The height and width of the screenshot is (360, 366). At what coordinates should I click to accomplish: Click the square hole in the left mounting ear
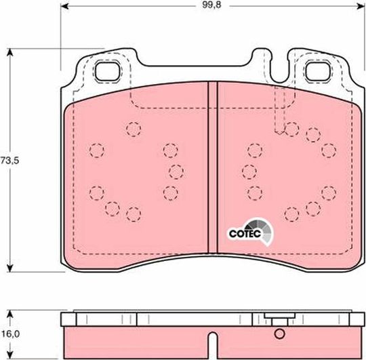[x=106, y=70]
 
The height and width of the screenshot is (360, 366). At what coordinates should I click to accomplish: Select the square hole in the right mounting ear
[x=317, y=70]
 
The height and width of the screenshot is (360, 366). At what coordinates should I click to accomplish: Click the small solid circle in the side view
[x=279, y=334]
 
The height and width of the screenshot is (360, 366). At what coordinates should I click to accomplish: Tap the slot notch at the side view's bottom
[x=211, y=338]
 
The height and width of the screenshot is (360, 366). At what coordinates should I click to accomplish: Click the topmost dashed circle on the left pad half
[x=134, y=128]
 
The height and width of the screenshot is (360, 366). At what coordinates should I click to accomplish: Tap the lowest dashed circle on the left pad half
[x=134, y=215]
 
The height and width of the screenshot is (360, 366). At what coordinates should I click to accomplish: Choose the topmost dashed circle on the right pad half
[x=291, y=128]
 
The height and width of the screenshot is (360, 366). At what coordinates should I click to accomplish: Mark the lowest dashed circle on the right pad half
[x=291, y=215]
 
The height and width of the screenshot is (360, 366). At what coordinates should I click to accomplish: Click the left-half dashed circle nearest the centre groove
[x=177, y=171]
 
